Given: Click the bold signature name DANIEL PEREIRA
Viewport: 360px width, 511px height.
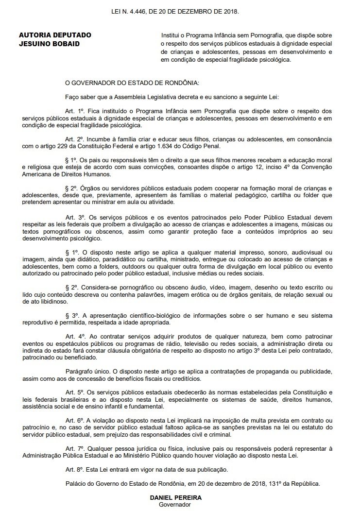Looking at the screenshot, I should (x=176, y=497).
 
